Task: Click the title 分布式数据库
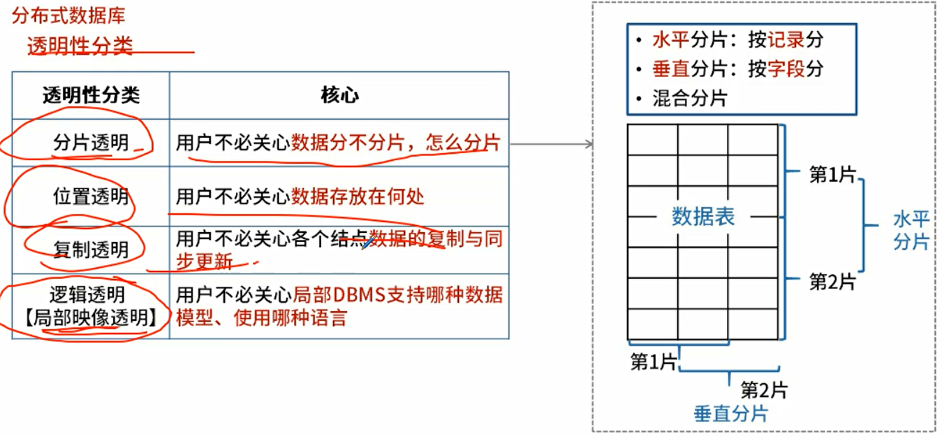(x=68, y=16)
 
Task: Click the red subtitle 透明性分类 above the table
(x=80, y=46)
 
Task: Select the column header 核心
(x=339, y=95)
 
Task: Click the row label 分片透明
(x=91, y=143)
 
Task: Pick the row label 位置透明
(x=91, y=196)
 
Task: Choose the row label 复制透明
(x=91, y=249)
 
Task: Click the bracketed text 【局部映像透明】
(x=91, y=318)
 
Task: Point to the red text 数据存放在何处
(x=358, y=197)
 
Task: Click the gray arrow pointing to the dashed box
(x=552, y=145)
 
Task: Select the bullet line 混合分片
(x=689, y=98)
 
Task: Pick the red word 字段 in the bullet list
(x=786, y=69)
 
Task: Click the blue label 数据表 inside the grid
(x=702, y=217)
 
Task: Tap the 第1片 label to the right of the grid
(x=832, y=175)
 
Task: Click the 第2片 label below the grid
(x=764, y=390)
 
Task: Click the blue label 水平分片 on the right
(x=911, y=231)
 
